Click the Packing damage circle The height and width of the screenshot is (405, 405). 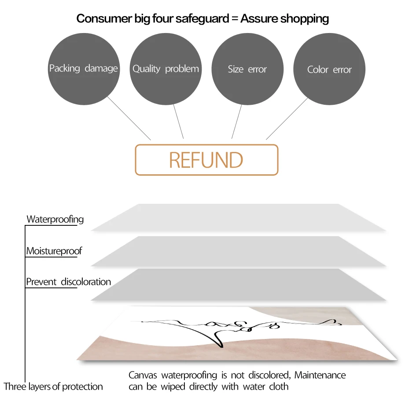coord(83,69)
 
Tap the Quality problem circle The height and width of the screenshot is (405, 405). coord(166,69)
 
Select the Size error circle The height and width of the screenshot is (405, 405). coord(247,69)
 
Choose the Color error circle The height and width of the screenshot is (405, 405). coord(329,69)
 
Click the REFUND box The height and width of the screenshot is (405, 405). coord(206,160)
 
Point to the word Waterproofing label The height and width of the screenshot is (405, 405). coord(55,219)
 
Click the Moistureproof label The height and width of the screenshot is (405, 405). coord(54,251)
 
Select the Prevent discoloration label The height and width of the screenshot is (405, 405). coord(68,282)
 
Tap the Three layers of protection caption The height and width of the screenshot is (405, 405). coord(53,387)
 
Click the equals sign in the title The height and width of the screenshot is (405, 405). coord(233,19)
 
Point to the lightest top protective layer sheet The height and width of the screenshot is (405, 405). coord(238,217)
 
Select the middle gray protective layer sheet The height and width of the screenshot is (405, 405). coord(238,251)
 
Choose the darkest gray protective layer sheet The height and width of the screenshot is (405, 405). coord(238,284)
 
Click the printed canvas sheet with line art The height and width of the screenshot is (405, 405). coord(233,335)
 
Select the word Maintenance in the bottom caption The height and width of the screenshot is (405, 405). coord(320,376)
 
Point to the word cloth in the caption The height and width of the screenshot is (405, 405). coord(279,387)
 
